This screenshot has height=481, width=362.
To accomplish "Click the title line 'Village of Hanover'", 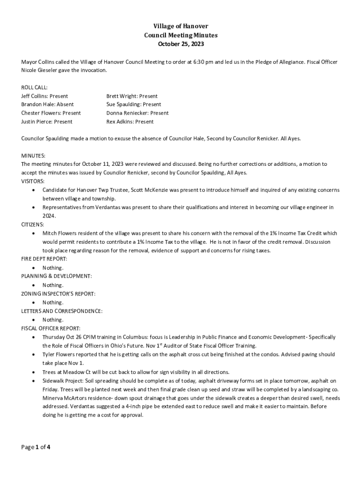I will point(181,26).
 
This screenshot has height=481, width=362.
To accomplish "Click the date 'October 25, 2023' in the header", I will point(181,44).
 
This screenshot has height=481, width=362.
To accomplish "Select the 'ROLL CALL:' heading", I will point(34,88).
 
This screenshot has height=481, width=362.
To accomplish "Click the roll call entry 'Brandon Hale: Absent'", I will point(47,105).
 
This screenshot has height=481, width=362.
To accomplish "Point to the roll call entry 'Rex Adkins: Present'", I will point(130,122).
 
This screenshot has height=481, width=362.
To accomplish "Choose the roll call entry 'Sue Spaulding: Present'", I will point(134,105).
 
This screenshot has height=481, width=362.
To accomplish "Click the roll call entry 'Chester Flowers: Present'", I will point(51,113).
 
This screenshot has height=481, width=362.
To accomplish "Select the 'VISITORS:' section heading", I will point(33,181).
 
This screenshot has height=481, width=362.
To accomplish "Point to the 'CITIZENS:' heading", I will point(33,225).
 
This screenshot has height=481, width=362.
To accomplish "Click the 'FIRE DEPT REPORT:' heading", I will point(44,259).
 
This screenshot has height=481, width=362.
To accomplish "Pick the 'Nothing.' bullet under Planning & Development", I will point(53,285).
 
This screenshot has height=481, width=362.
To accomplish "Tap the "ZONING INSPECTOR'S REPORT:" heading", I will point(58,294).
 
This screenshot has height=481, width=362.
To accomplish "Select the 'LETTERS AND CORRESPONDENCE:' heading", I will point(62,311).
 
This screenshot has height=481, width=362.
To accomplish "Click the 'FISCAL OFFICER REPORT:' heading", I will point(51,328).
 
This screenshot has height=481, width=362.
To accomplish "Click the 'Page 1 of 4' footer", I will point(36,447).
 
